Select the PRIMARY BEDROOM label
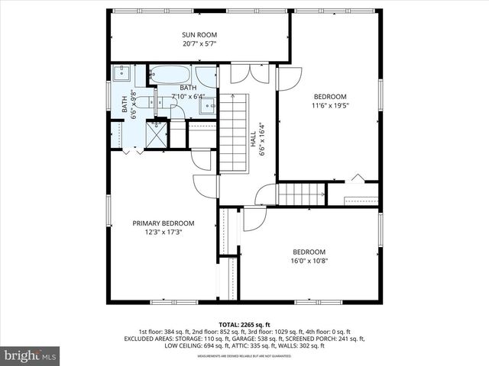coord(164,223)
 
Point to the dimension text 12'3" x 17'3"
coord(164,233)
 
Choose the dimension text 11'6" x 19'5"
coord(330,106)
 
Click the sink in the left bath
coord(121,74)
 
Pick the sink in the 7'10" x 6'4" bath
coord(206,106)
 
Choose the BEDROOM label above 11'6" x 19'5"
coord(330,96)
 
